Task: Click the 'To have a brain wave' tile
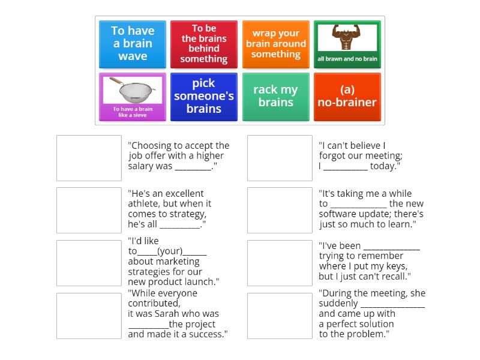[133, 44]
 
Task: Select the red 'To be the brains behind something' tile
[204, 44]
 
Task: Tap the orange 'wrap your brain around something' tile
[276, 44]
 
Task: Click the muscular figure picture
[347, 38]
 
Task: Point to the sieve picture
[132, 90]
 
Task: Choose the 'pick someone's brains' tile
[204, 97]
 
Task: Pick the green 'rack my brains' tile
[276, 97]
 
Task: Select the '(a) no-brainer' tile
[347, 97]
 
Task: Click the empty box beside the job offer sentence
[89, 158]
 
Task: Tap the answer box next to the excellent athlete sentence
[89, 210]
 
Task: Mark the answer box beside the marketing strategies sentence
[89, 263]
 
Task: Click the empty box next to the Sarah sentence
[89, 316]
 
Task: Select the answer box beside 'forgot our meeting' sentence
[280, 158]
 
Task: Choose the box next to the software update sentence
[280, 210]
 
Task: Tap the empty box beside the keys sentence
[280, 263]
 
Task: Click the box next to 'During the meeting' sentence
[280, 316]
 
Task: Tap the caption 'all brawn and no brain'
[347, 59]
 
